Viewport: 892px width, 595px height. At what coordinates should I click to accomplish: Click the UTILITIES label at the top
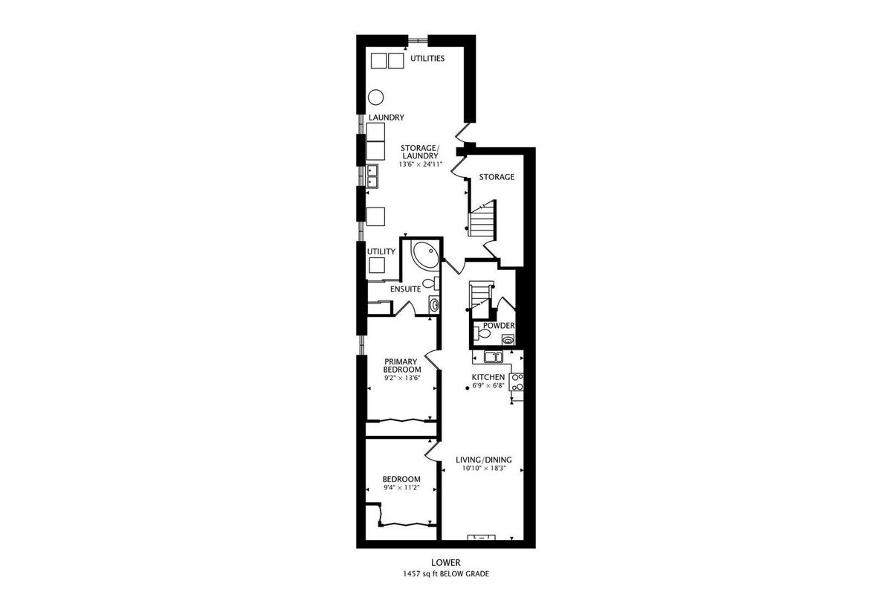pyautogui.click(x=427, y=59)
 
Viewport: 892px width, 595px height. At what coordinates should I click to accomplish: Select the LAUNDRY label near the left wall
pyautogui.click(x=387, y=118)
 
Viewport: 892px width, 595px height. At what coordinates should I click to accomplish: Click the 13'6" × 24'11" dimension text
pyautogui.click(x=421, y=164)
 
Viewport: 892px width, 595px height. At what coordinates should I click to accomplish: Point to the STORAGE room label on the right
pyautogui.click(x=497, y=177)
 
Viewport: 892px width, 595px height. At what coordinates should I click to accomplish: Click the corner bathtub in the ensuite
pyautogui.click(x=425, y=255)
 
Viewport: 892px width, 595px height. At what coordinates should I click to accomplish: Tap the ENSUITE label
pyautogui.click(x=405, y=289)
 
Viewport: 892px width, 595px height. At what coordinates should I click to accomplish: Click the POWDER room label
pyautogui.click(x=499, y=326)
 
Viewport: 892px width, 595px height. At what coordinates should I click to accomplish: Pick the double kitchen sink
pyautogui.click(x=494, y=357)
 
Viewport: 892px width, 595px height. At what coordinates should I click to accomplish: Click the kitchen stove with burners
pyautogui.click(x=517, y=382)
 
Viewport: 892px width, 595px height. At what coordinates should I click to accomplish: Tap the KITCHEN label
pyautogui.click(x=488, y=377)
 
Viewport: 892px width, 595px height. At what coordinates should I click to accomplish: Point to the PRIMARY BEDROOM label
pyautogui.click(x=402, y=365)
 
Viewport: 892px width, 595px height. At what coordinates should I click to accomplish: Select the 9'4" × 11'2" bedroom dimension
pyautogui.click(x=401, y=487)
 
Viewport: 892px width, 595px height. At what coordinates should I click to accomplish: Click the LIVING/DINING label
pyautogui.click(x=483, y=460)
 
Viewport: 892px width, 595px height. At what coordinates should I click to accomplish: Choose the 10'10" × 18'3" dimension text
pyautogui.click(x=484, y=469)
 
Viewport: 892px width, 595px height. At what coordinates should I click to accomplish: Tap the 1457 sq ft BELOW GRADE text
pyautogui.click(x=446, y=574)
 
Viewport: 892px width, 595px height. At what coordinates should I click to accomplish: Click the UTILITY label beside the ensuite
pyautogui.click(x=381, y=252)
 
